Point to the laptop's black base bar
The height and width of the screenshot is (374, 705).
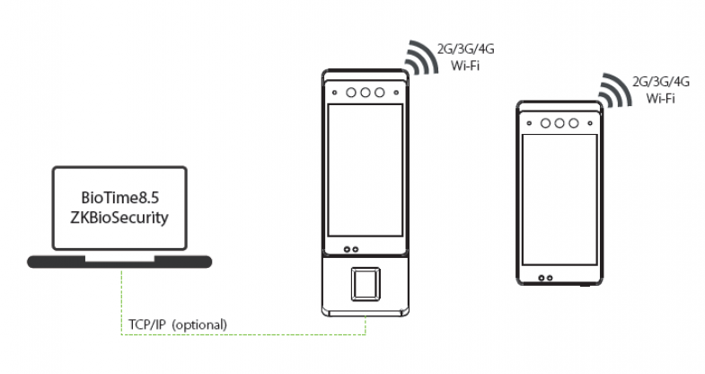pos(119,262)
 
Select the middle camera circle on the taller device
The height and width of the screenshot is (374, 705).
pos(365,92)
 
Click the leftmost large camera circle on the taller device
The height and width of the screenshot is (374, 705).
pos(349,92)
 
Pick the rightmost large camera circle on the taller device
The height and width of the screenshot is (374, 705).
pos(380,92)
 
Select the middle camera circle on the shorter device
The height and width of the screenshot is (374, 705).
pos(559,122)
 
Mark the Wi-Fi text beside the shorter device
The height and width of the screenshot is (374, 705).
pos(659,99)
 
